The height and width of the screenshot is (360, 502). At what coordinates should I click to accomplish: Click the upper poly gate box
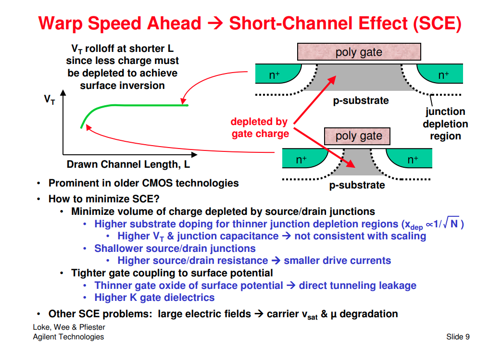coord(359,52)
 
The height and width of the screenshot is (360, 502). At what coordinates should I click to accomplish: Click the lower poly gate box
coord(359,136)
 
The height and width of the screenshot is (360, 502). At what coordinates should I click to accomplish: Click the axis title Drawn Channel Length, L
coord(128,165)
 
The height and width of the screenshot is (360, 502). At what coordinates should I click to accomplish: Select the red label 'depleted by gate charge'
coord(260,128)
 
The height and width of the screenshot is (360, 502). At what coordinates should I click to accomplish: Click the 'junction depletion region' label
coord(445,124)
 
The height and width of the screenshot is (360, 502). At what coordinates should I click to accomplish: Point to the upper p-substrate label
coord(361,101)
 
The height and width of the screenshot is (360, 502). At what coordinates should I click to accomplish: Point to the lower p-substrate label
coord(357,186)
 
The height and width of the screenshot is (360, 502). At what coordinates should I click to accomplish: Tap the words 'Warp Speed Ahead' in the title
coord(120,23)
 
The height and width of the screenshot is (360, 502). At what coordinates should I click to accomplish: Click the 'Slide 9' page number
coord(458,337)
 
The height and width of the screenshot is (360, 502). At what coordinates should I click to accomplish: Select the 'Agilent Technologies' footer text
coord(68,337)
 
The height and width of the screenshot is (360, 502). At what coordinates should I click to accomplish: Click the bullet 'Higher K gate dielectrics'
coord(154,298)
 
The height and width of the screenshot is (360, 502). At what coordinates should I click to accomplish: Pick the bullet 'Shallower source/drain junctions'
coord(175,248)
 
